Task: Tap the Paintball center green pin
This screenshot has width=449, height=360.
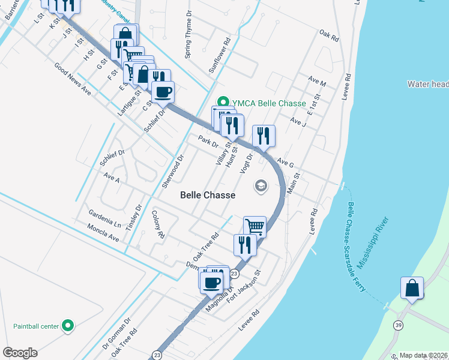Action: click(x=68, y=326)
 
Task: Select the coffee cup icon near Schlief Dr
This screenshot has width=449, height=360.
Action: click(x=163, y=92)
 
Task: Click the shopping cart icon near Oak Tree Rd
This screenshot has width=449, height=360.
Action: click(x=255, y=227)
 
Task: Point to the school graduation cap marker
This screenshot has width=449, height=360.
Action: click(x=261, y=185)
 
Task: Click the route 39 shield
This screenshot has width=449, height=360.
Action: click(x=398, y=325)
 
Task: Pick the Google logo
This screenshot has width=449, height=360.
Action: click(x=20, y=353)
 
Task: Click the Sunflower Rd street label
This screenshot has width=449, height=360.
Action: click(x=220, y=56)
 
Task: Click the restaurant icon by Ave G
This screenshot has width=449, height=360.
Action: click(x=264, y=136)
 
